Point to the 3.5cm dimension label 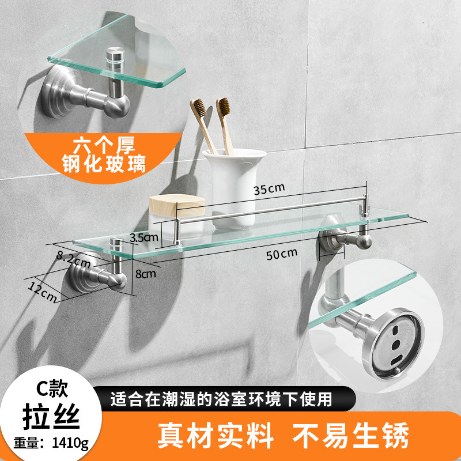[x=145, y=237]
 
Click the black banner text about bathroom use [x=222, y=398]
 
